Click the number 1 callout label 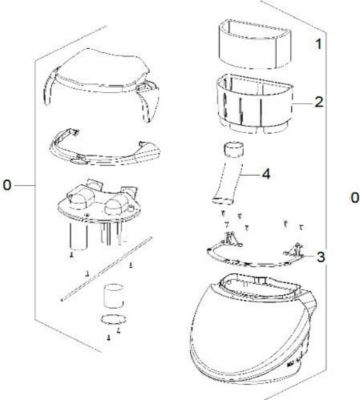(x=317, y=46)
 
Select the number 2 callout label (x=318, y=102)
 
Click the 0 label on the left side (x=9, y=187)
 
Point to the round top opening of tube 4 (x=233, y=147)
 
